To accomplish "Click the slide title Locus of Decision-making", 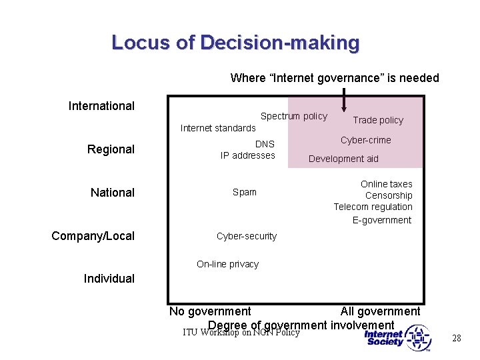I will coord(235,43).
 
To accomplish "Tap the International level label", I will coord(101,106).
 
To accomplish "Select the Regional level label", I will coord(111,149).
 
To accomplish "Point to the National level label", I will coord(112,193).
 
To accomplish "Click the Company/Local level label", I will coord(93,236).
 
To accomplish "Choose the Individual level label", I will coord(109,279).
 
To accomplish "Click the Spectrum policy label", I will coord(293,116).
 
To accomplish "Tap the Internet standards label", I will coord(218,128).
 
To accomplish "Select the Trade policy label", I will coord(378,120).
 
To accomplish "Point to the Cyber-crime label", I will coord(365,140).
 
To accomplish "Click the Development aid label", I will coord(343,159).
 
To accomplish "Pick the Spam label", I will coord(244,192).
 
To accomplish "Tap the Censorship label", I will coord(389,195).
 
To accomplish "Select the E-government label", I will coord(382,220).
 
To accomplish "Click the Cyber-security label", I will coord(246,236).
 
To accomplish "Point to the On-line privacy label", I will coord(227,264).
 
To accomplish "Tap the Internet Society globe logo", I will coord(418,337).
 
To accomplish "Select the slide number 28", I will coord(457,338).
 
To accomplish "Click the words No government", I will coord(210,311).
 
